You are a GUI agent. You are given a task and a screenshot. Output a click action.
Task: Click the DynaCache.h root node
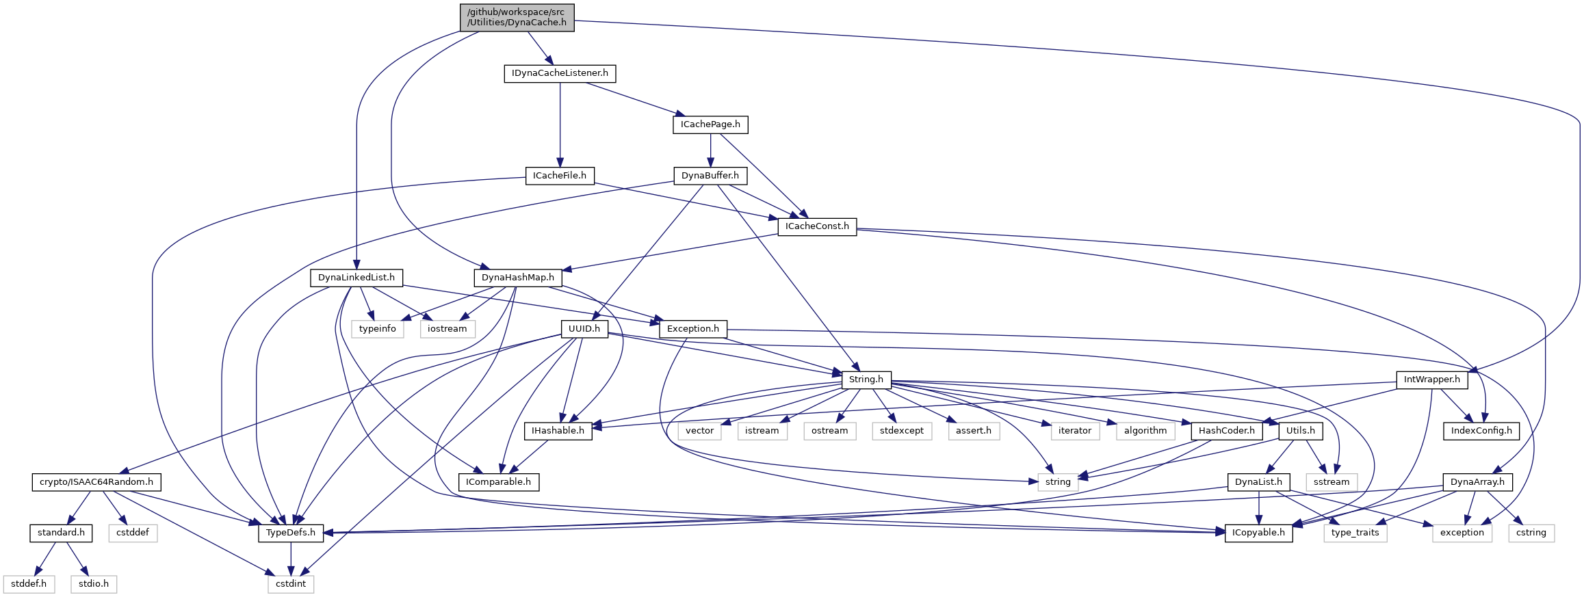[x=517, y=17]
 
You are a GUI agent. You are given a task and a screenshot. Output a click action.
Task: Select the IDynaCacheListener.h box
[x=560, y=73]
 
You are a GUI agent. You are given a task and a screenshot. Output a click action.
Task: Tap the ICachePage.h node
[x=710, y=124]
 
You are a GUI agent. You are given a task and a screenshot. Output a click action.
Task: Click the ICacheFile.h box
[x=560, y=176]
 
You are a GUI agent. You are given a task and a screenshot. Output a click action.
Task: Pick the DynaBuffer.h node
[x=710, y=176]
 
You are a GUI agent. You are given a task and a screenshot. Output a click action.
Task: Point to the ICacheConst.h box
[x=817, y=226]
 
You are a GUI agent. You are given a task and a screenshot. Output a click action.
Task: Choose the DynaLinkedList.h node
[x=356, y=278]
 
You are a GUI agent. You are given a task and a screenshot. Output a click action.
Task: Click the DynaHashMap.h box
[x=518, y=278]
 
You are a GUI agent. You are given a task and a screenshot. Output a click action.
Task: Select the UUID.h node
[x=584, y=329]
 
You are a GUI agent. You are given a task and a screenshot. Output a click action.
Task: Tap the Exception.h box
[x=693, y=329]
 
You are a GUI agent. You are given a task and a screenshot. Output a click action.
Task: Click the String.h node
[x=866, y=380]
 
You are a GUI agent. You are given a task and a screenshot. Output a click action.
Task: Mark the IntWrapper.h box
[x=1432, y=380]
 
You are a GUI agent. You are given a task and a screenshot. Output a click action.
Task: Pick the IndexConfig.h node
[x=1481, y=431]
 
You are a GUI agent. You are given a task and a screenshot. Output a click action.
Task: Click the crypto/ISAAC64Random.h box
[x=96, y=482]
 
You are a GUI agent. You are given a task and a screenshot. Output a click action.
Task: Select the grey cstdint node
[x=291, y=584]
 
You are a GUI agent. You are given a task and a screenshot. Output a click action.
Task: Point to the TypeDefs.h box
[x=291, y=533]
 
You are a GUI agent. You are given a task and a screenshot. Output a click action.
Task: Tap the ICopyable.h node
[x=1259, y=533]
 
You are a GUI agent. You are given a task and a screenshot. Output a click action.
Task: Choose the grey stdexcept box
[x=902, y=431]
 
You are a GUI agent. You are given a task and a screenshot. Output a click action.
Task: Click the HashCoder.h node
[x=1227, y=431]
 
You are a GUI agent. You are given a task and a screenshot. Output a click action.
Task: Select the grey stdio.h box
[x=94, y=584]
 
